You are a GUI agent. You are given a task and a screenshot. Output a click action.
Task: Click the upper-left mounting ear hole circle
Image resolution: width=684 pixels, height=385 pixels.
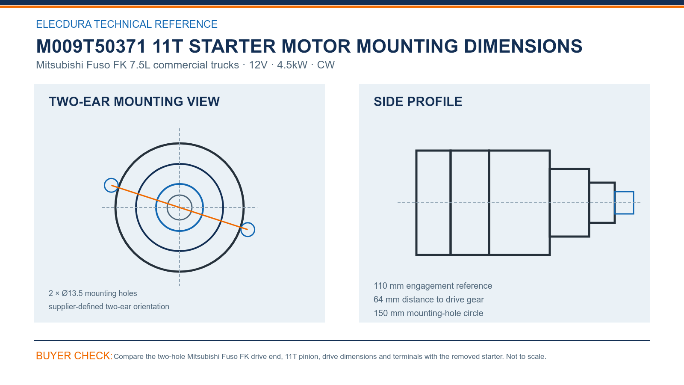[105, 186]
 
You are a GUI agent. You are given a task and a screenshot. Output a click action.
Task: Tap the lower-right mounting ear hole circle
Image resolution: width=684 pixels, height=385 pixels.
[254, 229]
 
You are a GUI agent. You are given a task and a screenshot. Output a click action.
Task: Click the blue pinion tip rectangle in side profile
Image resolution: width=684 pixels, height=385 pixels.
[624, 192]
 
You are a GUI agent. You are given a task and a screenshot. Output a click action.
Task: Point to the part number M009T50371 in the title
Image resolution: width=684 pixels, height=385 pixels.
[91, 47]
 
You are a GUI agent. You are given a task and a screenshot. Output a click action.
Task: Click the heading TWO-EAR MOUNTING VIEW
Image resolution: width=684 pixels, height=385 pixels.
[134, 102]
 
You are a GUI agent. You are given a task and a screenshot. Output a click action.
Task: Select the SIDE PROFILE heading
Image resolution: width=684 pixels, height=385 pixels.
[418, 102]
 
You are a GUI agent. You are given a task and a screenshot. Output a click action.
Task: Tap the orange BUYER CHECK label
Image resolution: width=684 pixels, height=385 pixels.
[74, 355]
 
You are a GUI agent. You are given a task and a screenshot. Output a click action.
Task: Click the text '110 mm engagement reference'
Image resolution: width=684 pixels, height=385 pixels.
[433, 286]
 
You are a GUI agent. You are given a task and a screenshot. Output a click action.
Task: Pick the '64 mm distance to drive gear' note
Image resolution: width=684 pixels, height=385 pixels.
[428, 299]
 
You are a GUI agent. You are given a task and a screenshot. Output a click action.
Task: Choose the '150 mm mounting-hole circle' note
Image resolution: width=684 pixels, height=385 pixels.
[428, 313]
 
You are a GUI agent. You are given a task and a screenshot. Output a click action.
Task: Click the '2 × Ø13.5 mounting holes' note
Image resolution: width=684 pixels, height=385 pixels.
[93, 293]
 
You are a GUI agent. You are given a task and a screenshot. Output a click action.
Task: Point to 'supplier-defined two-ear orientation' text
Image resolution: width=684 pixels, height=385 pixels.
[109, 306]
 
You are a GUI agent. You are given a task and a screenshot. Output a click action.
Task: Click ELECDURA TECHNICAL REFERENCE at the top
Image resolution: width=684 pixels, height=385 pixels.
[127, 24]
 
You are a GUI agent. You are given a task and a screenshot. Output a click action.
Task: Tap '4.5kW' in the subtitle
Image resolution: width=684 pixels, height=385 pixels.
[292, 65]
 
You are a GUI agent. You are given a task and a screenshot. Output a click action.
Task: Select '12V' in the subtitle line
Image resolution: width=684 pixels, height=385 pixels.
[258, 65]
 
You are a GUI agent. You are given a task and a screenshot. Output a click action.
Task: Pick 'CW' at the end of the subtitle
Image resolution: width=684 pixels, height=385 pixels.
[326, 65]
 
